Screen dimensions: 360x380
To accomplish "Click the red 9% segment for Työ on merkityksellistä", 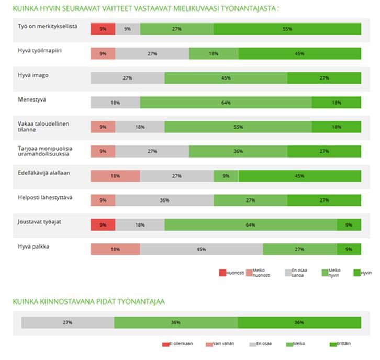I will (103, 29).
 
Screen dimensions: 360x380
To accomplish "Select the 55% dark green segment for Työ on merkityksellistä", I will (287, 29).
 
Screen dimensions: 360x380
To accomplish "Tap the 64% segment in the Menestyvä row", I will (226, 103).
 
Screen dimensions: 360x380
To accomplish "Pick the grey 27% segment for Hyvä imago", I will (127, 78).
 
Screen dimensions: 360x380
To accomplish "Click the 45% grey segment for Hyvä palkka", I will (201, 249).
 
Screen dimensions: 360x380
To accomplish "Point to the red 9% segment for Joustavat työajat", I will (103, 225).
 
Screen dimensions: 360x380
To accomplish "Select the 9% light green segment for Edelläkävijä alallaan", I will (226, 176).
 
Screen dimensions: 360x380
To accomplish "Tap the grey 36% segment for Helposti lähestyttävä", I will (164, 200).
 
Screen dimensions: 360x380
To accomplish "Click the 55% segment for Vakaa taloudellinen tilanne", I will (238, 127).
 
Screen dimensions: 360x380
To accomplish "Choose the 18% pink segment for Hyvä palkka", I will (115, 249).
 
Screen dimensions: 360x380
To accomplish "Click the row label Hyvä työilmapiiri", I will (36, 51).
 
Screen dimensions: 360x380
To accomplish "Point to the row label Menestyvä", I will (30, 99).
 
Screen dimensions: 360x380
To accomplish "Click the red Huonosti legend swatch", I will (222, 273).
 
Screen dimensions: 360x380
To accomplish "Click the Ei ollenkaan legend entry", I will (178, 344).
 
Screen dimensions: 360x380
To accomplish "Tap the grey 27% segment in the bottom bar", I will (68, 322).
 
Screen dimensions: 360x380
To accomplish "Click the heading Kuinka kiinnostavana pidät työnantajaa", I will (89, 301).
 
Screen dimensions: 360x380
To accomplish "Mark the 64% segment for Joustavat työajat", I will (250, 225).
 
